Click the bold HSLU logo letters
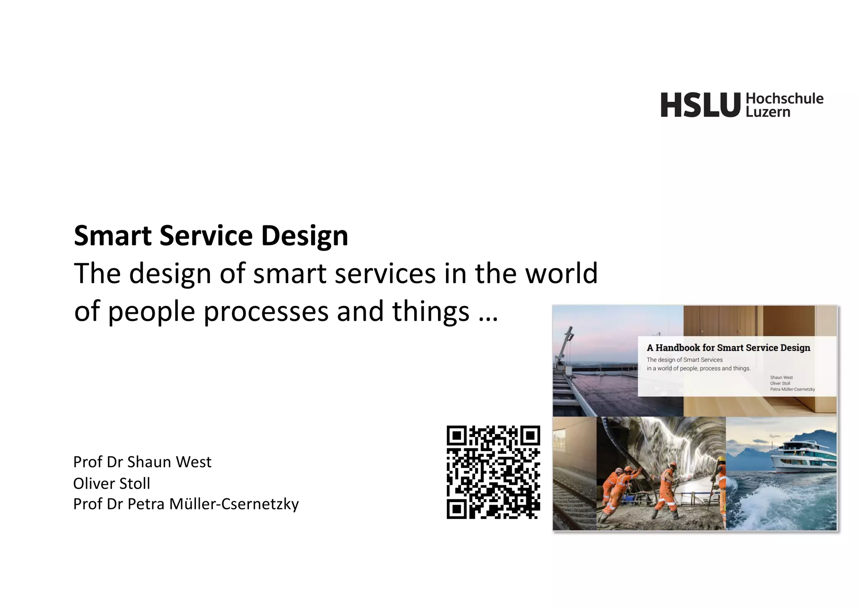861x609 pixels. (700, 105)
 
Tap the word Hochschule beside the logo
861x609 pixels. (784, 99)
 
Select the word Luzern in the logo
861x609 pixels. (768, 112)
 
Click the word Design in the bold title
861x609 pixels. (304, 236)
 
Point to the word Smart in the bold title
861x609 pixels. (113, 236)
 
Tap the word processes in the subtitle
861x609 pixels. (266, 312)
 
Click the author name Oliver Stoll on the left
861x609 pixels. (111, 483)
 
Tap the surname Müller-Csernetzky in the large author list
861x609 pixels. (234, 504)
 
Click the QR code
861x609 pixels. (493, 472)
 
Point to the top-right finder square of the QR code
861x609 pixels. (530, 436)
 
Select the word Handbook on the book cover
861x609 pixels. (678, 348)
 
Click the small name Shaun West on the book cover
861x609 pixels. (781, 377)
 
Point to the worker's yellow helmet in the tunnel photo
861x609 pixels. (721, 459)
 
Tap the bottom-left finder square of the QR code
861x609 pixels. (457, 509)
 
